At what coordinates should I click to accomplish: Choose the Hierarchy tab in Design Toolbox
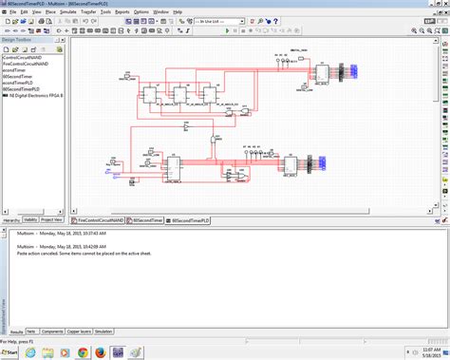[12, 218]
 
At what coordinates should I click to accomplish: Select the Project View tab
[52, 218]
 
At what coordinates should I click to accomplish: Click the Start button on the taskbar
[11, 352]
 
